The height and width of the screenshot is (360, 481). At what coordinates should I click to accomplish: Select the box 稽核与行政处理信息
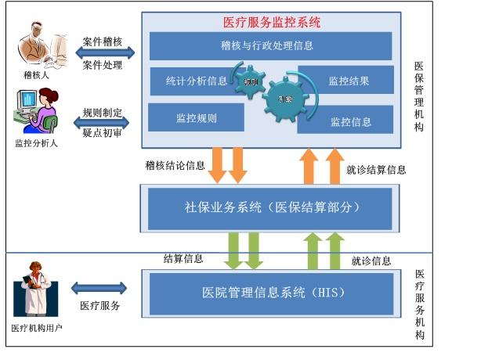click(x=270, y=46)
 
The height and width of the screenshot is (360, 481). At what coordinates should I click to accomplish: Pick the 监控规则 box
click(x=196, y=118)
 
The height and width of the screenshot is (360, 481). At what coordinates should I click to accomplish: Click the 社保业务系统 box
click(x=266, y=208)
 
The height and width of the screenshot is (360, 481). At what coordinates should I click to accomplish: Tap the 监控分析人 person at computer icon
click(x=36, y=111)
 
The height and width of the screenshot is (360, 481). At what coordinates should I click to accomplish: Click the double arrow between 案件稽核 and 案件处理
click(x=104, y=52)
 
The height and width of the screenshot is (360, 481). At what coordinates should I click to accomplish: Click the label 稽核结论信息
click(x=175, y=165)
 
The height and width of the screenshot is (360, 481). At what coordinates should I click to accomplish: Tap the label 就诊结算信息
click(x=376, y=168)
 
